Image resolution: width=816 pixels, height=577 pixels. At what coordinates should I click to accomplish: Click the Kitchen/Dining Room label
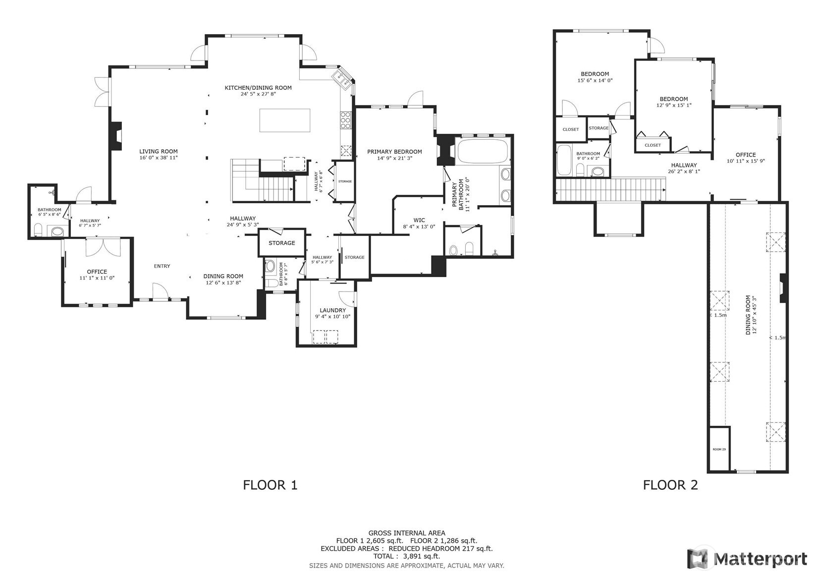(258, 88)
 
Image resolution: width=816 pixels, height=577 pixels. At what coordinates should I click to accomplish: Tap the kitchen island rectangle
(284, 120)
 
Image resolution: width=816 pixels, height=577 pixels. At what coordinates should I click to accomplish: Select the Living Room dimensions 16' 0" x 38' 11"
(159, 158)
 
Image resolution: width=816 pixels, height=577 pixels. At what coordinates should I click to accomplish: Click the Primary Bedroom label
(394, 152)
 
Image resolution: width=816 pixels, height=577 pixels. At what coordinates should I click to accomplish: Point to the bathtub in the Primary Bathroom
(483, 151)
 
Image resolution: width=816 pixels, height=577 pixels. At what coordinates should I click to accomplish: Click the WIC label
(419, 220)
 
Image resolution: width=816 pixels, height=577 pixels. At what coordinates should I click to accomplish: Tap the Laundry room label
(332, 310)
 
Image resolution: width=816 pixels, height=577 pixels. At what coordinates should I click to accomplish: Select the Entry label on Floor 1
(162, 266)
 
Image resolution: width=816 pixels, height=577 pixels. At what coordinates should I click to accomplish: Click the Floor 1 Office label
(97, 272)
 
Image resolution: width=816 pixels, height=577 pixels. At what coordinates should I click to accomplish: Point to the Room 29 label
(719, 450)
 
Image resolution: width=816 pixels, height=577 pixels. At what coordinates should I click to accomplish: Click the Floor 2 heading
(670, 485)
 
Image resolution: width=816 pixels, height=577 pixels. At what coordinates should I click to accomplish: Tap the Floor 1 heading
(271, 485)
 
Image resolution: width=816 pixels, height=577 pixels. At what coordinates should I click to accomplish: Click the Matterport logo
(747, 558)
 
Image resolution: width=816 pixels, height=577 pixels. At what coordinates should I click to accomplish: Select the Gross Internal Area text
(407, 533)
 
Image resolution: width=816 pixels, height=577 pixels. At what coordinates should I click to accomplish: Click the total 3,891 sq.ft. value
(422, 556)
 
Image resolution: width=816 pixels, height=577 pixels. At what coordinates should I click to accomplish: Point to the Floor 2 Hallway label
(684, 165)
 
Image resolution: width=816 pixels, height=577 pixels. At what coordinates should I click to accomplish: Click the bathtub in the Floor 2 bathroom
(564, 160)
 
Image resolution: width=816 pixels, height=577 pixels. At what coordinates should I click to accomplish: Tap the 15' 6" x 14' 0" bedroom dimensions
(595, 81)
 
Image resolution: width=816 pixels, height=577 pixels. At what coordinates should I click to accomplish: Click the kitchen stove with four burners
(345, 120)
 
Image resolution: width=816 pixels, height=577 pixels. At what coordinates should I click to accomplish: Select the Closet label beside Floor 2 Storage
(570, 129)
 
